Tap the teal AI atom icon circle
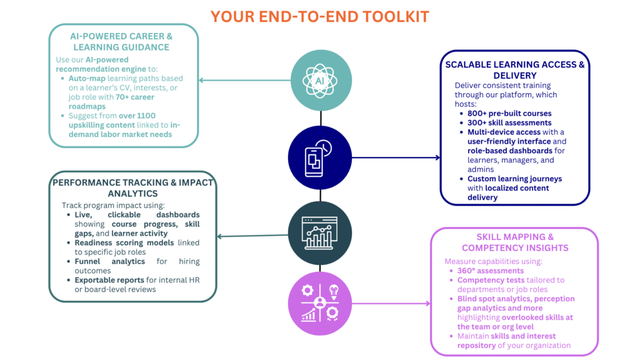click(x=321, y=81)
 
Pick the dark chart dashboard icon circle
click(x=320, y=233)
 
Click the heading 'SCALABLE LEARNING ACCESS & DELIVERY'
click(x=514, y=70)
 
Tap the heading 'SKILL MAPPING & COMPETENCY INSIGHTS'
click(x=514, y=242)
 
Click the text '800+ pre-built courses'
click(x=509, y=114)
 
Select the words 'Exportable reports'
click(x=109, y=280)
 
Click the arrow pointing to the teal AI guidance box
click(x=244, y=80)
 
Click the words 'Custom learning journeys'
click(x=514, y=179)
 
